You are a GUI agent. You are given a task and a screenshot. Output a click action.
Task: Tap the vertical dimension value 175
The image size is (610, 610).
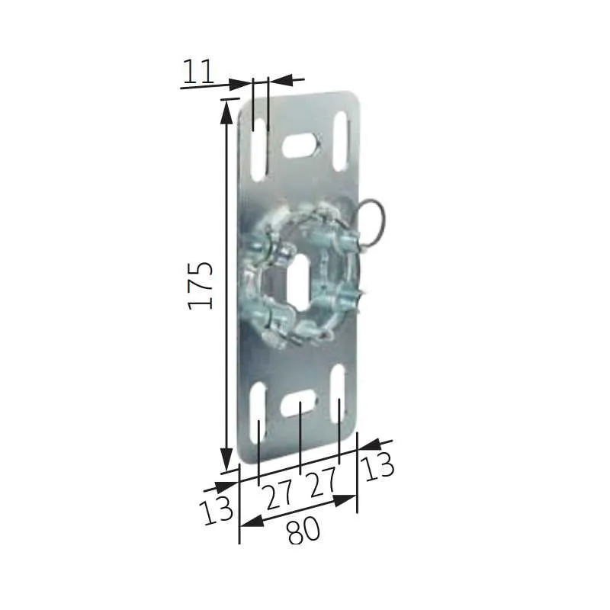201,284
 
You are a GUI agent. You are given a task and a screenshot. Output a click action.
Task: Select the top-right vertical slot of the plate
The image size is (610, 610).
340,143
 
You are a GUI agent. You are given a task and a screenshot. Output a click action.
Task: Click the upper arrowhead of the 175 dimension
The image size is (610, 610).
226,109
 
